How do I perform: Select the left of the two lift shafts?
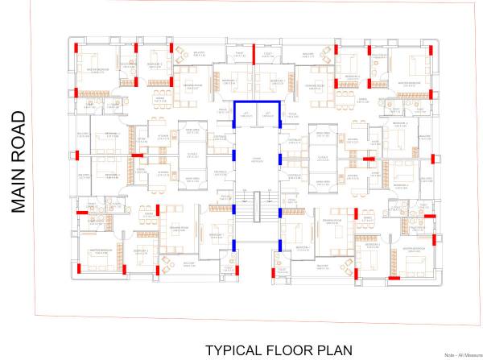click(246, 115)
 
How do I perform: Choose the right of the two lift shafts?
click(268, 115)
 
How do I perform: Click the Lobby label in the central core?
click(257, 160)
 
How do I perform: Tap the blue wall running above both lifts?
click(257, 102)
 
